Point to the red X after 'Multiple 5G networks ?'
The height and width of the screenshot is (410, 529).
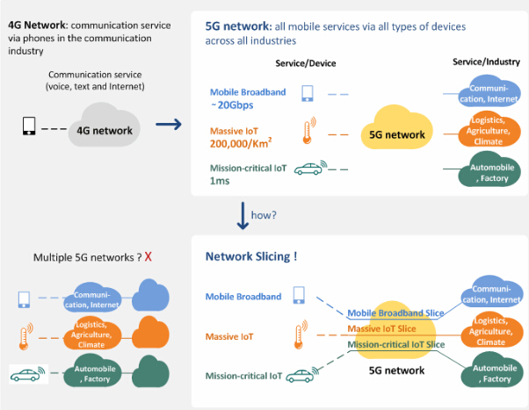149,257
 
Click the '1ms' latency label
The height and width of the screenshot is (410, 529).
219,182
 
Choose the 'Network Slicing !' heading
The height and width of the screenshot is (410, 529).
251,257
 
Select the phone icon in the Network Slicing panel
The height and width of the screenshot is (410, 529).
300,296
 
